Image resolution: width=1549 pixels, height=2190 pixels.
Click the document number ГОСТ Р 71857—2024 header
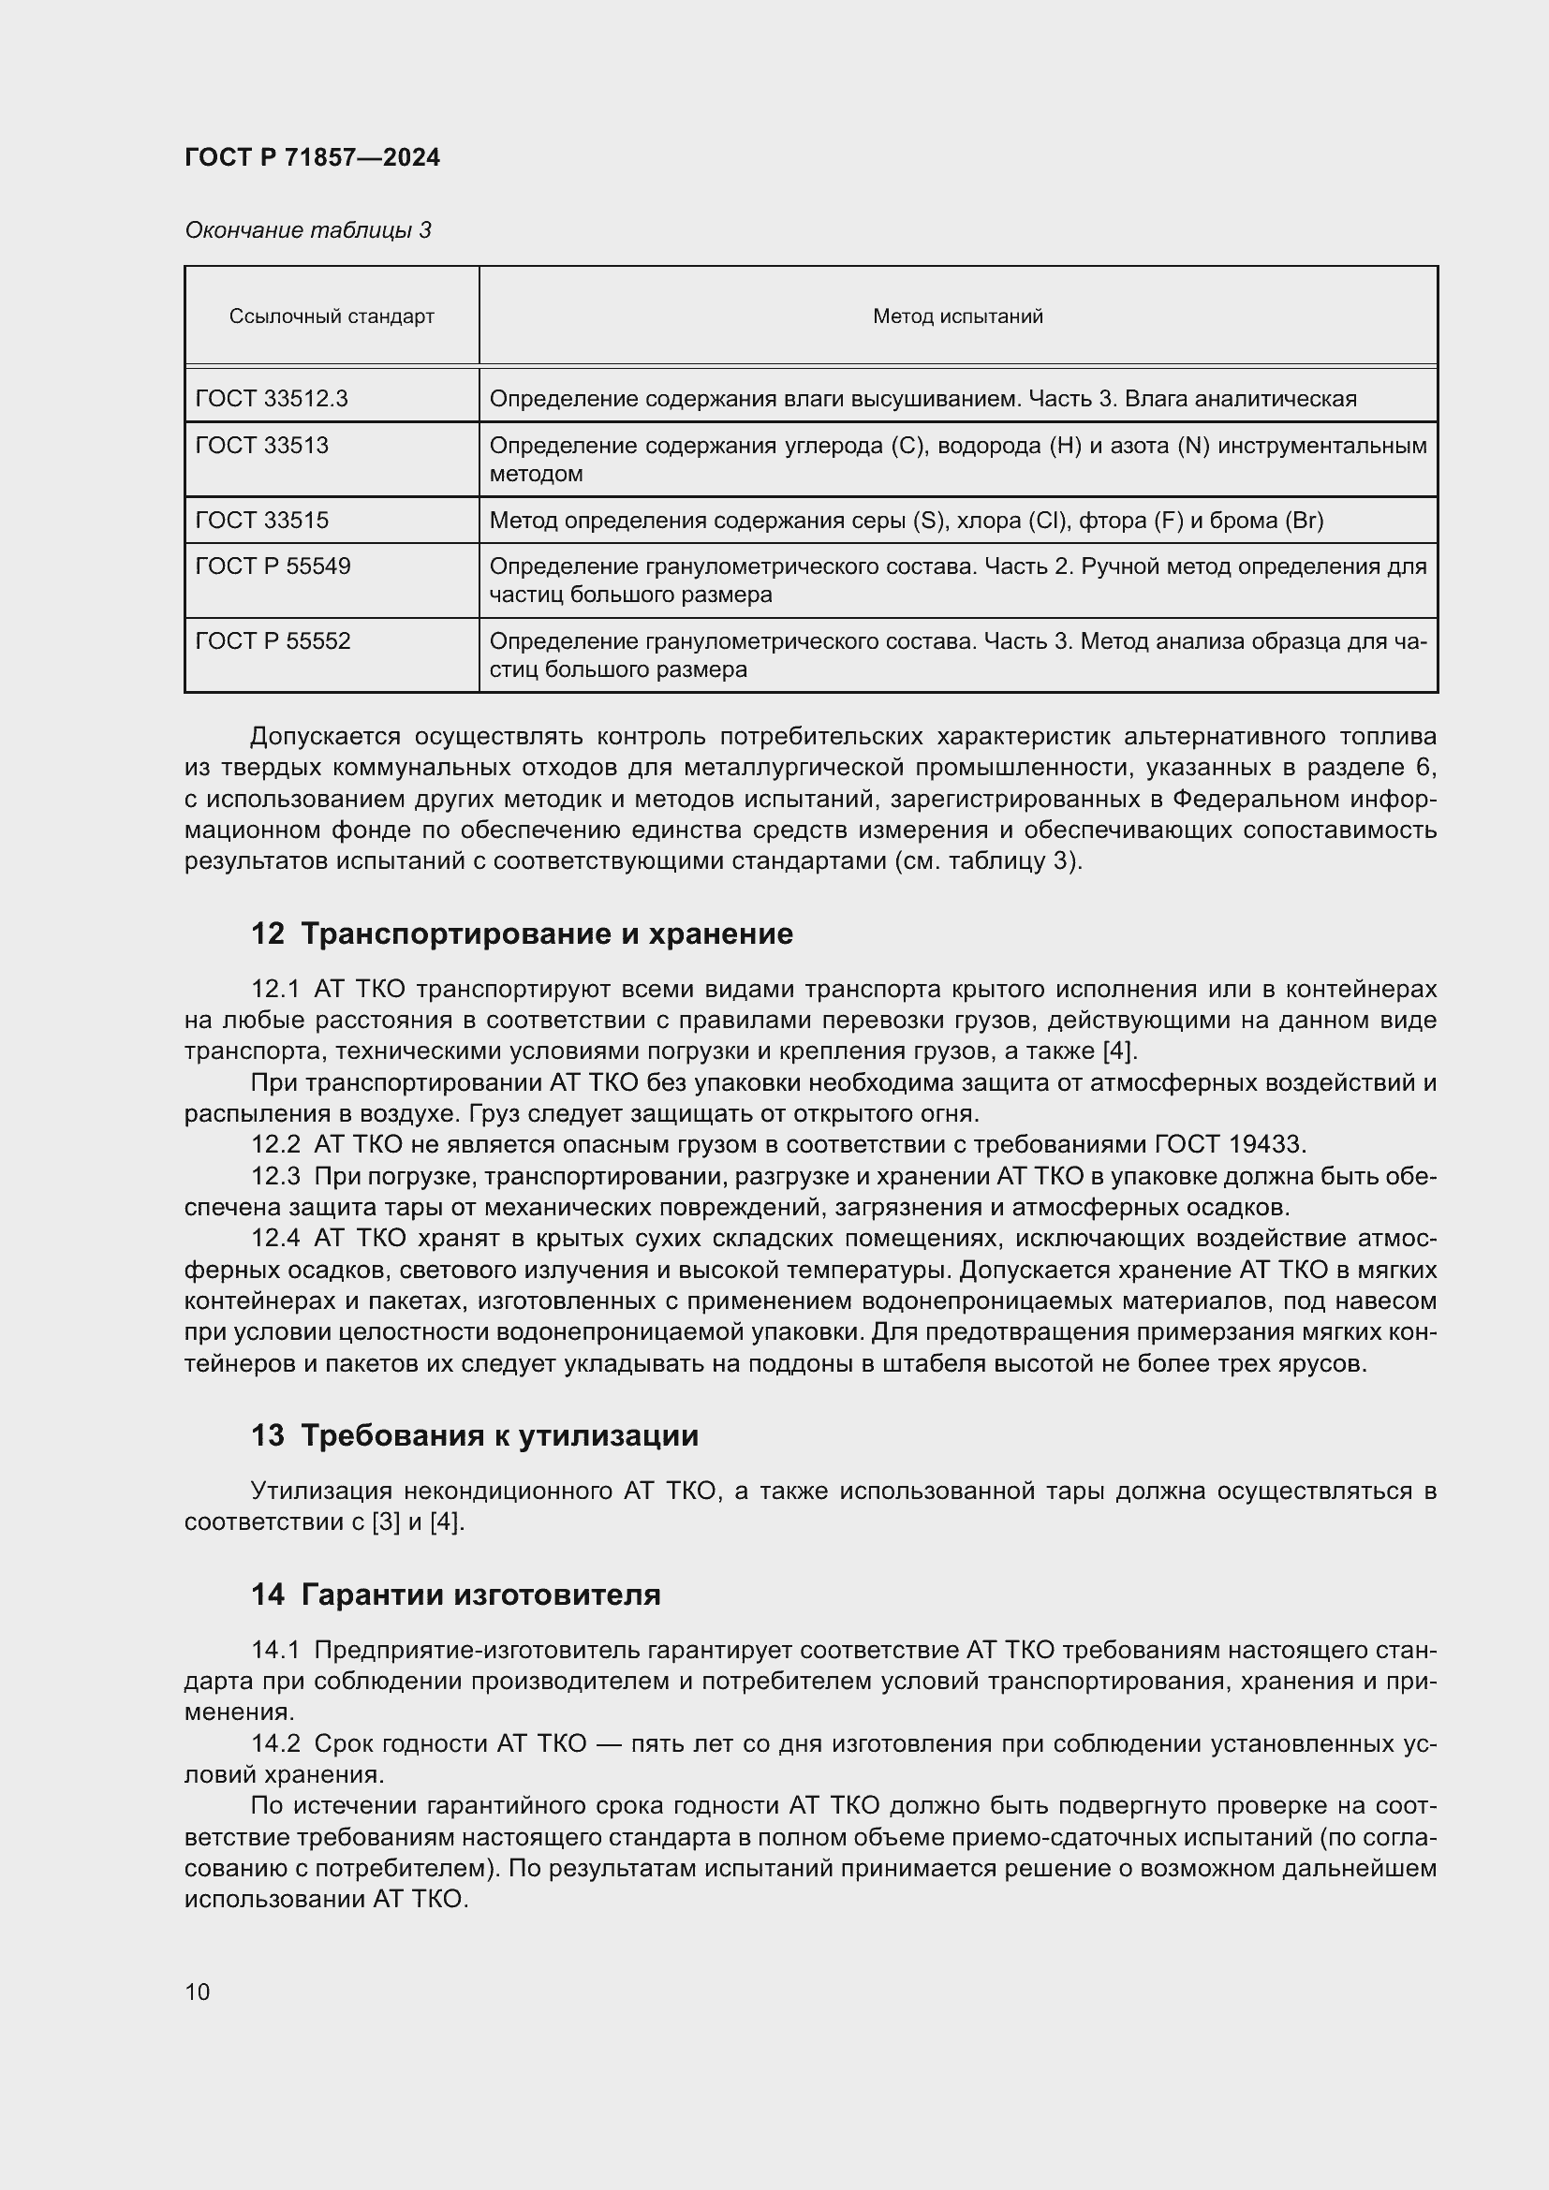click(x=312, y=157)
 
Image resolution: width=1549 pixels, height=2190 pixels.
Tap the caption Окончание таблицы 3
click(x=307, y=230)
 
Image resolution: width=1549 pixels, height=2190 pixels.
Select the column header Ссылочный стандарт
click(x=331, y=316)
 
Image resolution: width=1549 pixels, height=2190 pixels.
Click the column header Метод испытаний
click(x=957, y=316)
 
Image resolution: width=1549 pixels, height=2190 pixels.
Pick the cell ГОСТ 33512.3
click(x=271, y=398)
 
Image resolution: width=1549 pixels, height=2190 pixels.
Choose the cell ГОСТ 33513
click(x=261, y=446)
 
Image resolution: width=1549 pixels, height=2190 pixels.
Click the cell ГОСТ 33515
click(x=261, y=520)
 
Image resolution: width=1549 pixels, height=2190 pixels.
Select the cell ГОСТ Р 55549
click(x=273, y=566)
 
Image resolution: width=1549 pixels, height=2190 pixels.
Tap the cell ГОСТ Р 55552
click(x=273, y=641)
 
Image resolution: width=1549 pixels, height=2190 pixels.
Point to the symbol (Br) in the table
click(x=1304, y=520)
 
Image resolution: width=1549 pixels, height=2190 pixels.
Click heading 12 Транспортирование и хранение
click(x=521, y=933)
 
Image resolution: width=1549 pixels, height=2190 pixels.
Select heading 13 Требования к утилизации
click(x=474, y=1435)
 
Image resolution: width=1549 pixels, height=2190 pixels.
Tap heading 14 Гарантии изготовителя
click(x=455, y=1595)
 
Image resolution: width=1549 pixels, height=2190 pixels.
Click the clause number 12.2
click(x=274, y=1143)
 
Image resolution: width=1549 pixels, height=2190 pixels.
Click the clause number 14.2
click(x=274, y=1743)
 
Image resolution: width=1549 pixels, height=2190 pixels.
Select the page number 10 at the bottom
click(x=198, y=1992)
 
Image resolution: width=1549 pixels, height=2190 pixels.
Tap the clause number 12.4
click(x=274, y=1238)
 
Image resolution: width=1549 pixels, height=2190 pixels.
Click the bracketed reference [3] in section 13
click(x=385, y=1522)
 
